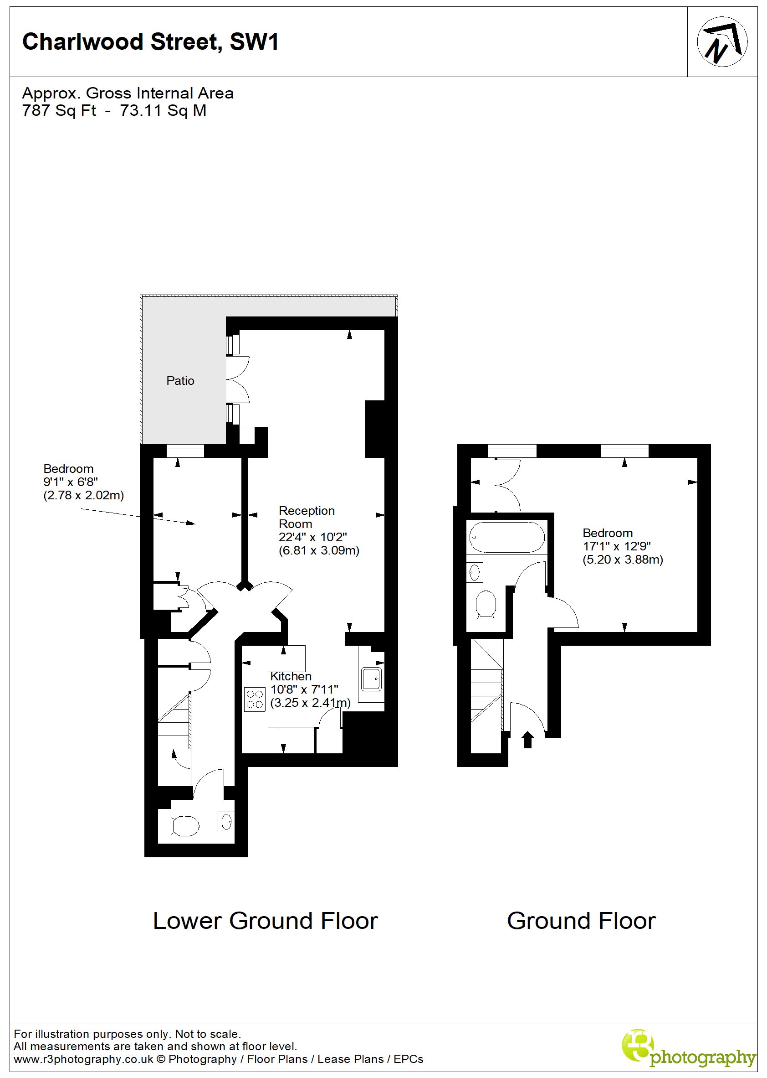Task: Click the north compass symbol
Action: pos(721,41)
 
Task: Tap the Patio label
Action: pos(180,381)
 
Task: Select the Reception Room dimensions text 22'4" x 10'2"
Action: pos(312,537)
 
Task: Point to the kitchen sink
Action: pos(371,679)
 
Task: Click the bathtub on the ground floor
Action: pos(506,537)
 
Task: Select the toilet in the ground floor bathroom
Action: pos(486,604)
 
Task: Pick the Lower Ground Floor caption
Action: pos(265,921)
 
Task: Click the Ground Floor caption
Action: pos(581,921)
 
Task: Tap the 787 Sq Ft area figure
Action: pos(59,111)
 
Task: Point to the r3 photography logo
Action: pos(688,1049)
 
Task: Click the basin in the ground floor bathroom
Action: pos(475,573)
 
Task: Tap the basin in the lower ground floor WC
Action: pos(226,821)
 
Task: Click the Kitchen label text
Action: pos(291,676)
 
